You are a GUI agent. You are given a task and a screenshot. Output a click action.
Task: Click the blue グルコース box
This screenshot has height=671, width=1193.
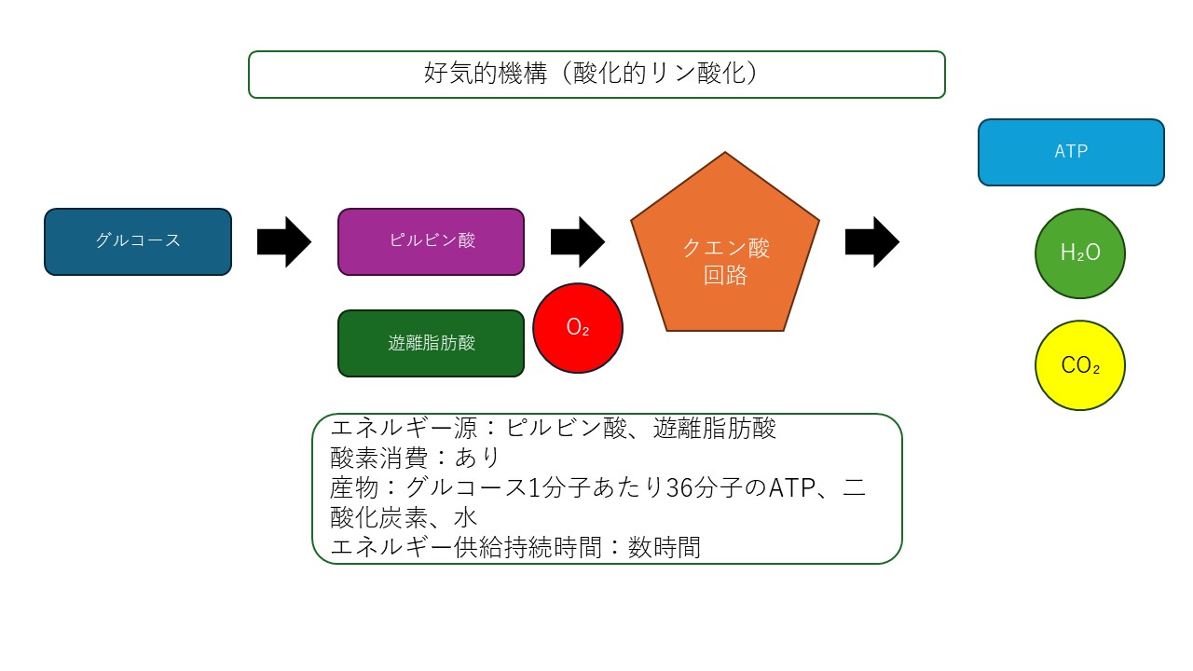(138, 241)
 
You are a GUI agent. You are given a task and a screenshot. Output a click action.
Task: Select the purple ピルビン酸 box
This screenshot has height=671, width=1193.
(431, 241)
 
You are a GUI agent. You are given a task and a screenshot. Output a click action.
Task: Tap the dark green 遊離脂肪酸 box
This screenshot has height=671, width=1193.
(431, 343)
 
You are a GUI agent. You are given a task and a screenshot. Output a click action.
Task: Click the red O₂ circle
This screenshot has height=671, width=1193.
(578, 328)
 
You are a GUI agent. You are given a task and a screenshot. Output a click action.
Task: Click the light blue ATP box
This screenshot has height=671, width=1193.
(1071, 152)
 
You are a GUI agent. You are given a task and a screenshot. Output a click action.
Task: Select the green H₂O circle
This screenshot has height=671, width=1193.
(1080, 253)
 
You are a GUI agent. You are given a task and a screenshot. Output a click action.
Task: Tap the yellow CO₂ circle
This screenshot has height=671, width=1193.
(1080, 365)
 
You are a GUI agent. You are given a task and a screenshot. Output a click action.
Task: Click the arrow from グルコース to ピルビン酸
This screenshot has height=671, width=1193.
(283, 241)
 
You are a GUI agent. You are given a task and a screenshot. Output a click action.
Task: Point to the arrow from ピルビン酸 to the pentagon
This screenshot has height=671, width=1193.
(578, 241)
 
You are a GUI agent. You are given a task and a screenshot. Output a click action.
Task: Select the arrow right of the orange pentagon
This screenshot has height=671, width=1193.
(871, 241)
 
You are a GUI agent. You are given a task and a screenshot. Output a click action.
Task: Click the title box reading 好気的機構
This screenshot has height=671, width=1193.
(596, 75)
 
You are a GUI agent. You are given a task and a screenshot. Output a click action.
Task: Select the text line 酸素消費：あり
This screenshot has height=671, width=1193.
(416, 459)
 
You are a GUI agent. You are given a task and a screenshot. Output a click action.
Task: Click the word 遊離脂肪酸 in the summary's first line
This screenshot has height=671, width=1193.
(714, 430)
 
